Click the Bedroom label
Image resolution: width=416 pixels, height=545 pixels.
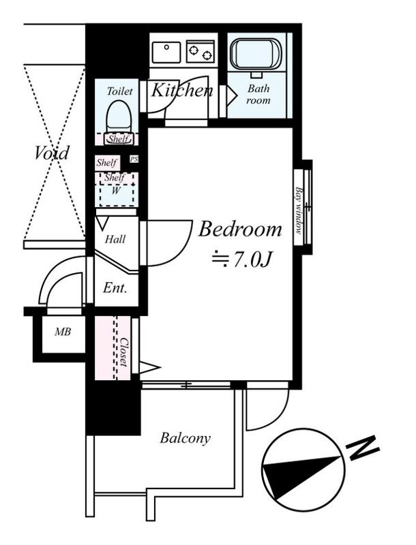tap(239, 230)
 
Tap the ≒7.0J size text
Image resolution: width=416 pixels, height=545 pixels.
tap(243, 260)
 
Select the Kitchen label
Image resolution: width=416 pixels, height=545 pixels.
tap(181, 90)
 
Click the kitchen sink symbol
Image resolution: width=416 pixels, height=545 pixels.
tap(166, 51)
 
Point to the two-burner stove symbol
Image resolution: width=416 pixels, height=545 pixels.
tap(200, 51)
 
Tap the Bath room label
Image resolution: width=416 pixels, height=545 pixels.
tap(258, 95)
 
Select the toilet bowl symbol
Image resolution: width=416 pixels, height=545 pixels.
tap(119, 116)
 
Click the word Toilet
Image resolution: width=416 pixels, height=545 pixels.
tap(119, 91)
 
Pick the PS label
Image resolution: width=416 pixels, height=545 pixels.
tap(134, 159)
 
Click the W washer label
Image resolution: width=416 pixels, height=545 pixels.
tap(116, 191)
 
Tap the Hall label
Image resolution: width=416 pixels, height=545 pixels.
tap(115, 240)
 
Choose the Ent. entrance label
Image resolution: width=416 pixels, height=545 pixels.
tap(115, 288)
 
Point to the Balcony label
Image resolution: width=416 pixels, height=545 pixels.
tap(185, 438)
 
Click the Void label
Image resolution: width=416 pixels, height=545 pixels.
tap(52, 153)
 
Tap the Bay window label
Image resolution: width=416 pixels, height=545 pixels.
tap(299, 211)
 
